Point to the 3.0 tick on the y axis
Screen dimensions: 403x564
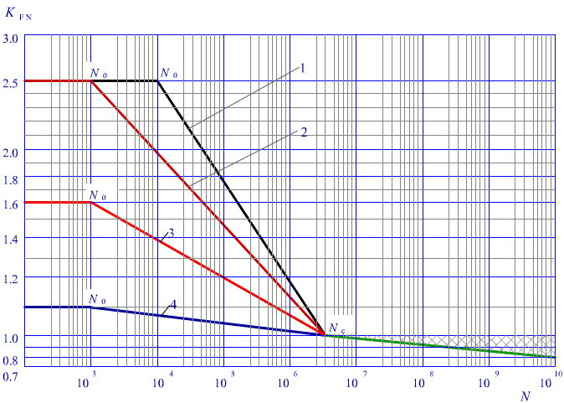pos(13,38)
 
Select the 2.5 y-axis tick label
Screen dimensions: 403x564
pos(13,80)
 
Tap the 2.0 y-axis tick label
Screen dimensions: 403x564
pos(13,150)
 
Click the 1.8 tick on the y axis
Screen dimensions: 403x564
pos(13,179)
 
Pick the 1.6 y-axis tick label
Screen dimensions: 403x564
pos(13,202)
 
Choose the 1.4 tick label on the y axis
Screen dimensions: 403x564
pos(13,239)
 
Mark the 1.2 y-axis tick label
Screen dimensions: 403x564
pos(13,277)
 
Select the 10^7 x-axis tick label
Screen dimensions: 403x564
pos(354,381)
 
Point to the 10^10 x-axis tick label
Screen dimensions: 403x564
pos(553,381)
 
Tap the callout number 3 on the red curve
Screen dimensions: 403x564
pos(171,233)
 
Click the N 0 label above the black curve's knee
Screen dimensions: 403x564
pos(169,74)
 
